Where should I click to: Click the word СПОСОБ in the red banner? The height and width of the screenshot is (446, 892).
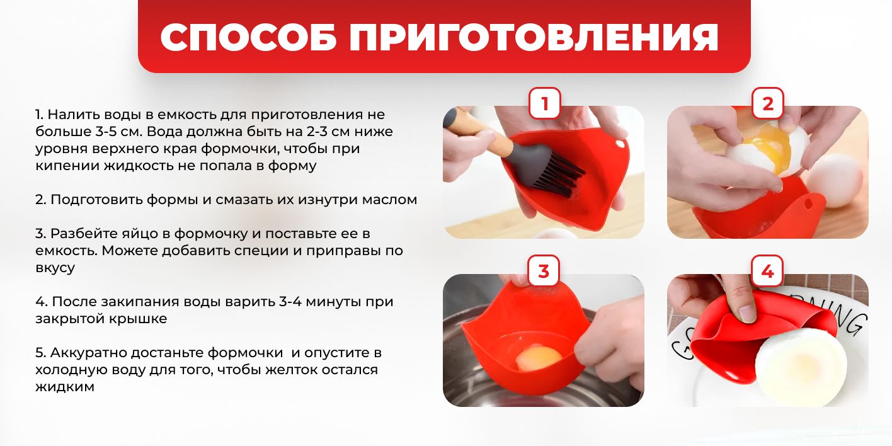(248, 37)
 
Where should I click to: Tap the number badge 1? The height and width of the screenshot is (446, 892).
(544, 103)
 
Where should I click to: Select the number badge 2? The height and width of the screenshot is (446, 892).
(768, 103)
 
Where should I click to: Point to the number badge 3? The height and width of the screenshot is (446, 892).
(544, 271)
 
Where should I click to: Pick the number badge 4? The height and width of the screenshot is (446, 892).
(767, 271)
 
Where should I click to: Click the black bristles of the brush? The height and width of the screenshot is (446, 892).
(557, 175)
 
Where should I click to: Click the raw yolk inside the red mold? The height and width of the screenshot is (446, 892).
(539, 357)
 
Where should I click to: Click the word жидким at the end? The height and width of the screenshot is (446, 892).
(65, 387)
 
